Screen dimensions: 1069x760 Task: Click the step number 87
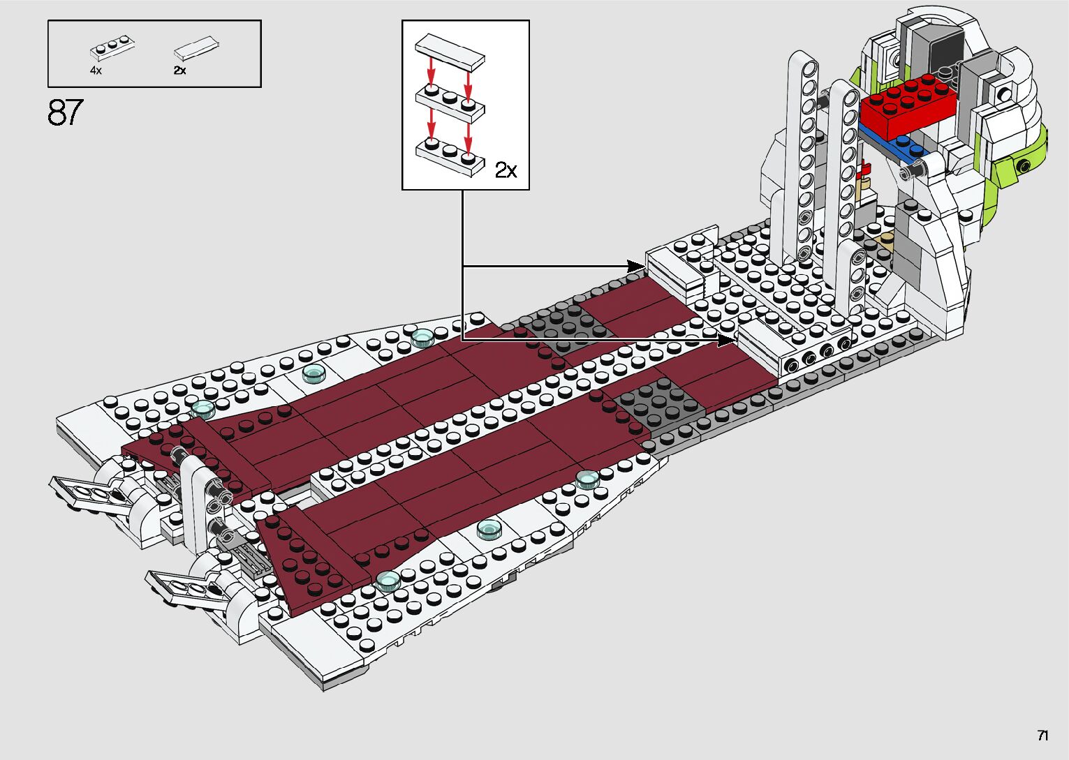(x=65, y=113)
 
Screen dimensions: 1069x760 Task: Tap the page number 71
(x=1042, y=736)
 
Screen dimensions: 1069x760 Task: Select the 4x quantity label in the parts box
(x=96, y=70)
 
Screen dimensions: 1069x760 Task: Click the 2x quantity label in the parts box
(x=179, y=70)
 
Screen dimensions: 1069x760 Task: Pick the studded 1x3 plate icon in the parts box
(x=112, y=47)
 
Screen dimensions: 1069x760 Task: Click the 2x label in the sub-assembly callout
(x=506, y=170)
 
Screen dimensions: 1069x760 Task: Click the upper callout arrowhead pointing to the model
(x=637, y=266)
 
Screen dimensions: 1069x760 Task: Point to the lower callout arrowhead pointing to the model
(x=728, y=340)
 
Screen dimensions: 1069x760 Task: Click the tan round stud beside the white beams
(x=866, y=184)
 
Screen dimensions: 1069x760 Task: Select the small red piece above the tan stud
(x=866, y=168)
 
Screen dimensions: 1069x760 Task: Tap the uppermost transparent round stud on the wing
(x=422, y=338)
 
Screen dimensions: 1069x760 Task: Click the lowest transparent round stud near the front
(x=388, y=580)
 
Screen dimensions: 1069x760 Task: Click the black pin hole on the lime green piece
(x=1024, y=166)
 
